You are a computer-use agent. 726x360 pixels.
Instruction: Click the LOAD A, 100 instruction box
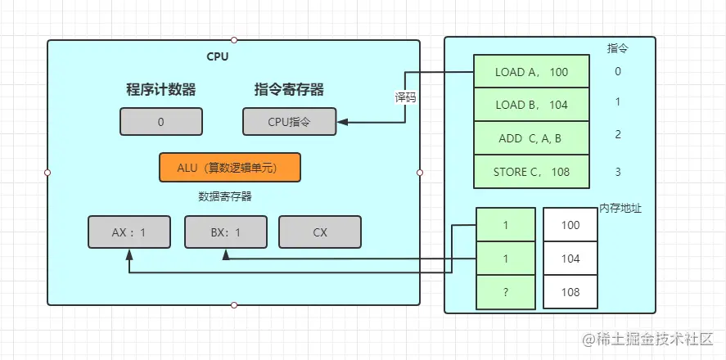(x=531, y=72)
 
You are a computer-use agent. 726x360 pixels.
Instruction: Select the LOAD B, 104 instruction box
(x=531, y=105)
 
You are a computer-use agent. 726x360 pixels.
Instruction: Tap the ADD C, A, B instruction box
(x=531, y=138)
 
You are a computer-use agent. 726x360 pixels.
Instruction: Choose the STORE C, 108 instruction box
(x=531, y=172)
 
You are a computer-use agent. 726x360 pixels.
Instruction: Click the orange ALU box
(x=229, y=167)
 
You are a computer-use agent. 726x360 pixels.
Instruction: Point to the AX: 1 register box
(x=129, y=232)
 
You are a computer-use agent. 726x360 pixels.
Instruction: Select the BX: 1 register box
(x=225, y=232)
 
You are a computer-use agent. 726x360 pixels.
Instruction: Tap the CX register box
(x=319, y=232)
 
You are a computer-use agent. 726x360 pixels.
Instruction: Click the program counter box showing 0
(x=160, y=122)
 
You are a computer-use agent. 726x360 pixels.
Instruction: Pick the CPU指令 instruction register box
(x=289, y=122)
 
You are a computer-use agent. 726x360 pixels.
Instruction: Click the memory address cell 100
(x=570, y=224)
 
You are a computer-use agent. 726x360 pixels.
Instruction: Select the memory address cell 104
(x=570, y=259)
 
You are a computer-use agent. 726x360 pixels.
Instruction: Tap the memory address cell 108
(x=570, y=292)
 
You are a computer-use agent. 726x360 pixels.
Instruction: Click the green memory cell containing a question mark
(x=505, y=292)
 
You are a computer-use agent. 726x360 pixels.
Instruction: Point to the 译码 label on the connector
(x=405, y=97)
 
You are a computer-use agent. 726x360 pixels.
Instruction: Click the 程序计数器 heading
(x=160, y=90)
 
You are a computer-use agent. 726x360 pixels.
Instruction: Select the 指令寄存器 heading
(x=289, y=90)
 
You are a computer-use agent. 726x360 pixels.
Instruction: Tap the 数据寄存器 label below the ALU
(x=224, y=196)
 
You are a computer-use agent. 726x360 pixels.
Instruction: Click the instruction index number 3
(x=618, y=172)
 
